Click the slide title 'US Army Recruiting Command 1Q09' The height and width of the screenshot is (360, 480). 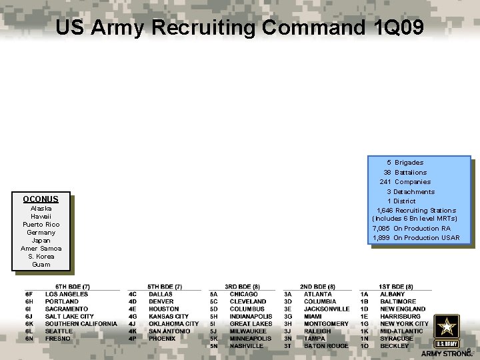click(239, 28)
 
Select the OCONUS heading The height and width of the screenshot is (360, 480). click(41, 199)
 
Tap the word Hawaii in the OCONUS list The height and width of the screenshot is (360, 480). click(41, 217)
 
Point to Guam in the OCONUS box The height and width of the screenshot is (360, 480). click(41, 265)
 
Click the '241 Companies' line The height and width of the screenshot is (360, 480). click(405, 182)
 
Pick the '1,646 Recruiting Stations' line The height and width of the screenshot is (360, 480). click(417, 211)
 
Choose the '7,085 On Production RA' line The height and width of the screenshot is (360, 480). click(412, 229)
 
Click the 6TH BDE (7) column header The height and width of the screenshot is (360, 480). click(72, 287)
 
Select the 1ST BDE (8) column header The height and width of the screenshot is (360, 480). click(396, 287)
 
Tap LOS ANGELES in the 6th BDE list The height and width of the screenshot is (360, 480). click(67, 294)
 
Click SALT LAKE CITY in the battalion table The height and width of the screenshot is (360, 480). click(69, 317)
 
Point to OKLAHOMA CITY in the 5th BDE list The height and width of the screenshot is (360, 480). click(174, 324)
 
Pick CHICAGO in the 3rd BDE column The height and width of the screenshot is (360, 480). click(244, 294)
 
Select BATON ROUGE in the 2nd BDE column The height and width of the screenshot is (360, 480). click(326, 346)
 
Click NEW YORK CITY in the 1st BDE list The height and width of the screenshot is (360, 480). click(405, 324)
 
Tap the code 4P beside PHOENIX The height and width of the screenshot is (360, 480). click(133, 339)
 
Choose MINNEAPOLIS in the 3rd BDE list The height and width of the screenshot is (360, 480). click(251, 339)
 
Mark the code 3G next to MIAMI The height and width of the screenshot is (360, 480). click(288, 317)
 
